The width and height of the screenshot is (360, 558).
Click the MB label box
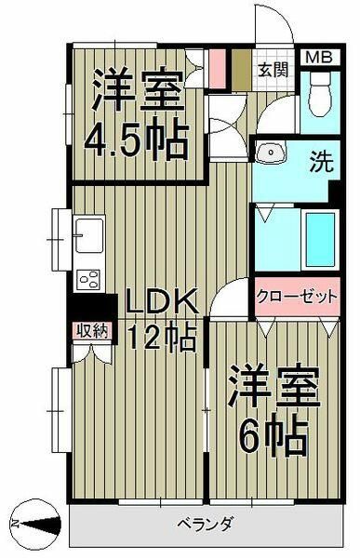coord(317,57)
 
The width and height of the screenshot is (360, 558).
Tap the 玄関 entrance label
coord(273,69)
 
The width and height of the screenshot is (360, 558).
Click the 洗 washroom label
coord(318,159)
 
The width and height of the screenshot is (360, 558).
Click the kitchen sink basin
coord(89,232)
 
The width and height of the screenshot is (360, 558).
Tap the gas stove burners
coord(91,277)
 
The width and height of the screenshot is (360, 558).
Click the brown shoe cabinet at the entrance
coord(239,69)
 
